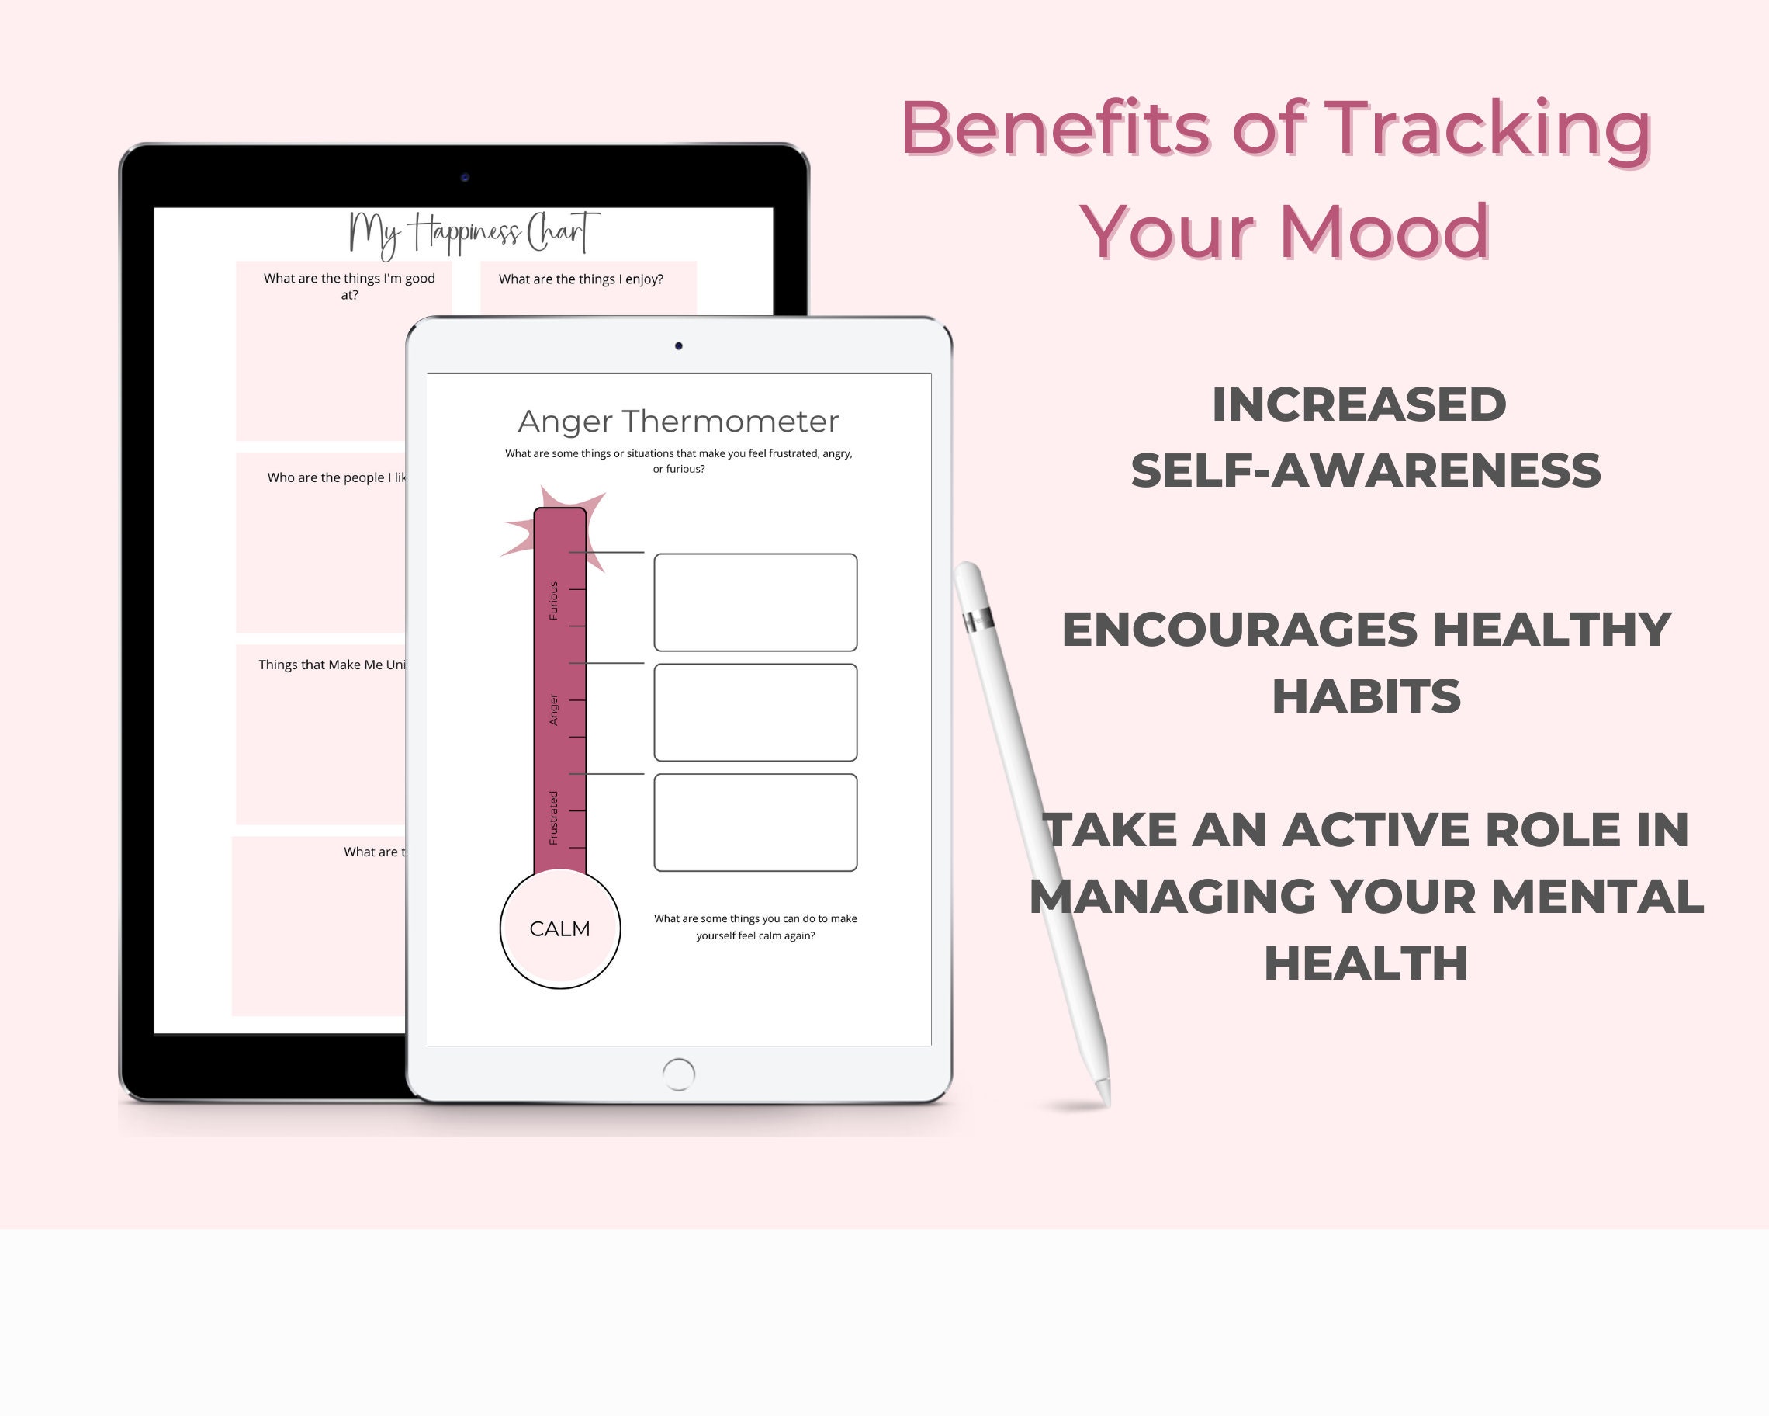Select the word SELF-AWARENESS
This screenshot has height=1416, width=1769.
point(1366,470)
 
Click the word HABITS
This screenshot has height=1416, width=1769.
point(1366,697)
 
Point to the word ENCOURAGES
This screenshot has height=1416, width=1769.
point(1239,630)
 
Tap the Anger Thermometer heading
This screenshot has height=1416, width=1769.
point(678,421)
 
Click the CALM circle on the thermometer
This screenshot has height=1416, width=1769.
point(559,928)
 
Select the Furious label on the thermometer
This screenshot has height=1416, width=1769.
point(553,600)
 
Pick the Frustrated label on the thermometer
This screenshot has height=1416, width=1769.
point(553,817)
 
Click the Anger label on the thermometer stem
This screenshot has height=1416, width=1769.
point(553,710)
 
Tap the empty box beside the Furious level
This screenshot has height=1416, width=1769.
point(755,602)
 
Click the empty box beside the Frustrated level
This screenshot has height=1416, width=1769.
point(755,823)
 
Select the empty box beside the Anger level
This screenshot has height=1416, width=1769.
point(755,713)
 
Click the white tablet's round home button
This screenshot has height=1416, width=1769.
point(678,1074)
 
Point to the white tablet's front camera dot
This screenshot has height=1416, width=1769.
point(679,345)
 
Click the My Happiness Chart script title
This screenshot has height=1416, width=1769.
point(473,233)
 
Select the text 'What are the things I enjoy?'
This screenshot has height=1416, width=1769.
point(581,279)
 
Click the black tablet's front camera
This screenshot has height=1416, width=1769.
point(465,177)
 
